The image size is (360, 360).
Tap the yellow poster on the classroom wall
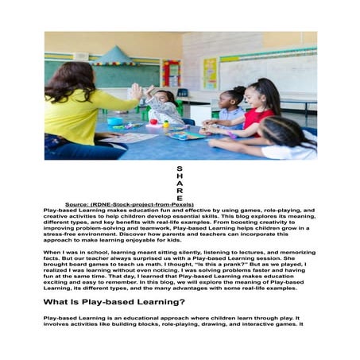click(x=209, y=73)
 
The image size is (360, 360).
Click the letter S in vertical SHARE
click(x=180, y=168)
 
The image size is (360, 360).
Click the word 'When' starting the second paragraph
click(x=52, y=251)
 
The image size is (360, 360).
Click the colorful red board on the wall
click(x=171, y=73)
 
